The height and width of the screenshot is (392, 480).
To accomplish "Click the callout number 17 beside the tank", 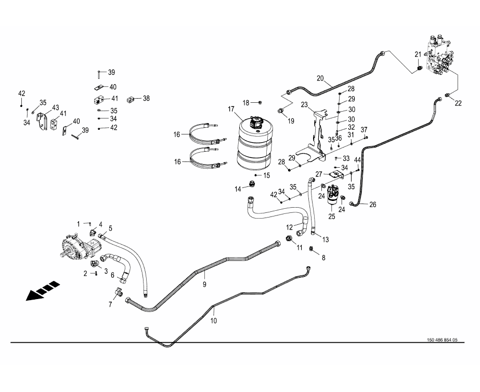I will (x=231, y=109).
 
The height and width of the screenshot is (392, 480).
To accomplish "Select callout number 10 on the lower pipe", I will (x=213, y=321).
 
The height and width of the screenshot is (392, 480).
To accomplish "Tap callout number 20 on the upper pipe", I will (x=320, y=78).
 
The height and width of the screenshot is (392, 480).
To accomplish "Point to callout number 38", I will (x=146, y=98).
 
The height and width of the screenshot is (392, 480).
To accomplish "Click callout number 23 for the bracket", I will (x=304, y=104).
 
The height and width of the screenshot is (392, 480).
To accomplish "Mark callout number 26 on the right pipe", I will (x=372, y=204).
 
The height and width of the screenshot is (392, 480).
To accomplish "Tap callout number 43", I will (x=55, y=107).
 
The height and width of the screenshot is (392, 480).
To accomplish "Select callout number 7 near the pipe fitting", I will (x=110, y=304).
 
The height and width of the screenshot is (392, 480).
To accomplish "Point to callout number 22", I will (x=458, y=103).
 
